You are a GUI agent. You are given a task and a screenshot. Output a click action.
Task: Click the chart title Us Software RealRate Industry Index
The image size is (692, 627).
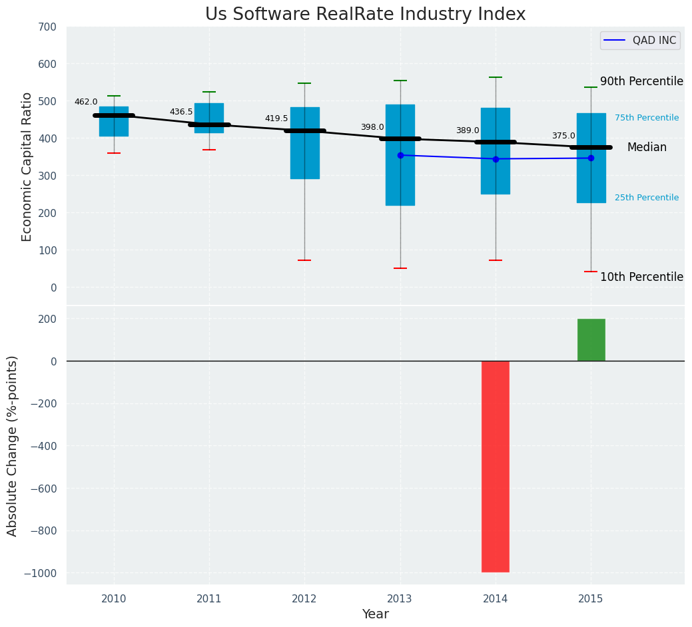[365, 15]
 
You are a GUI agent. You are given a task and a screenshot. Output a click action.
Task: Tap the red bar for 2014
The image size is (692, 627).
[496, 466]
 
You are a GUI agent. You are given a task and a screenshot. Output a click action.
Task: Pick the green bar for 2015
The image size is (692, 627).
[591, 339]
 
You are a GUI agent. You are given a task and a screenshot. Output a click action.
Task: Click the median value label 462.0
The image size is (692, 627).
[86, 102]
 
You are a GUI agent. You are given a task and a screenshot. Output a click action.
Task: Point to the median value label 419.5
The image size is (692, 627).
[276, 118]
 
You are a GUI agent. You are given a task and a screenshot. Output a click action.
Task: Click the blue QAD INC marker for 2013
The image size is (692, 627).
[400, 155]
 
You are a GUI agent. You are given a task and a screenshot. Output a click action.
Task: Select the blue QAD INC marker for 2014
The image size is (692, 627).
[496, 159]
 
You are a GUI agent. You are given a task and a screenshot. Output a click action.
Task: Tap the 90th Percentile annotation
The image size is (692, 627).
[641, 81]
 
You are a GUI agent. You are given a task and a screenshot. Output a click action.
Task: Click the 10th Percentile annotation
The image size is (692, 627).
[641, 277]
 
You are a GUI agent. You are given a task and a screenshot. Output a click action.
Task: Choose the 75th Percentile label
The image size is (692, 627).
[646, 118]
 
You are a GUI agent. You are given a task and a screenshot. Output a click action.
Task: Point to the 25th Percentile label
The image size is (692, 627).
[646, 198]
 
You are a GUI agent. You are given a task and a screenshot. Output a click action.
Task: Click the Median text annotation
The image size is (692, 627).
[646, 148]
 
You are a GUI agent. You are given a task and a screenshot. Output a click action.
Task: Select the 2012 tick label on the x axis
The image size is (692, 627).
[304, 599]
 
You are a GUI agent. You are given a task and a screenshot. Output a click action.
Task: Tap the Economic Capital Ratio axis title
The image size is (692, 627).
[27, 166]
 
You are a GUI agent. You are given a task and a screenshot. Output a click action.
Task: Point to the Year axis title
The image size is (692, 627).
[376, 614]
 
